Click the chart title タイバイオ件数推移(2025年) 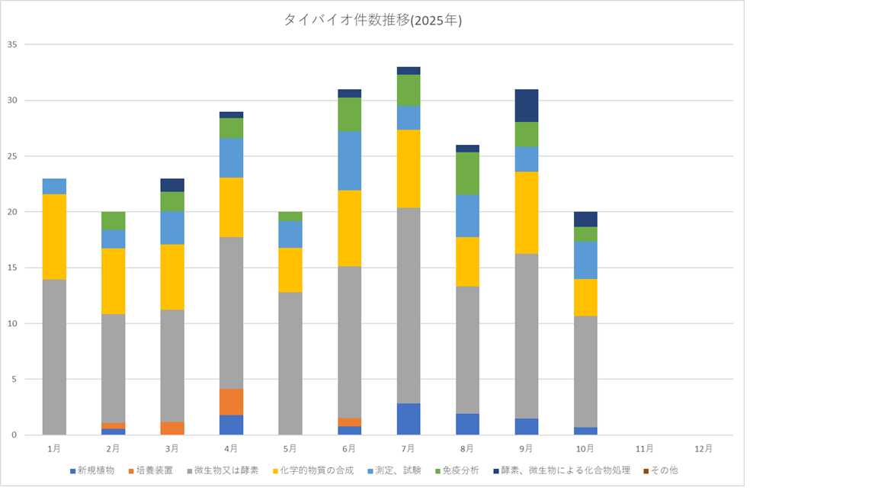pos(373,21)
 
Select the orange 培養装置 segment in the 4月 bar pos(232,402)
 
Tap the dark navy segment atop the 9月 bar pos(527,105)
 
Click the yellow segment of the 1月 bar pos(54,236)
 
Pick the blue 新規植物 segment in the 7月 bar pos(409,419)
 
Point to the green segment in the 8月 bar pos(467,173)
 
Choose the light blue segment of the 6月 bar pos(350,160)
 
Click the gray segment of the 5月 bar pos(290,363)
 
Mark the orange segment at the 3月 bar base pos(172,428)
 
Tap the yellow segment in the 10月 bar pos(585,297)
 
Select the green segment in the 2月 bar pos(114,220)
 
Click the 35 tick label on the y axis pos(11,44)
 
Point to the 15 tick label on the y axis pos(11,268)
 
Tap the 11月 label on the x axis pos(645,448)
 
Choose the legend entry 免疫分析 pos(458,470)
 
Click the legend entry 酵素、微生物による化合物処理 pos(562,470)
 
